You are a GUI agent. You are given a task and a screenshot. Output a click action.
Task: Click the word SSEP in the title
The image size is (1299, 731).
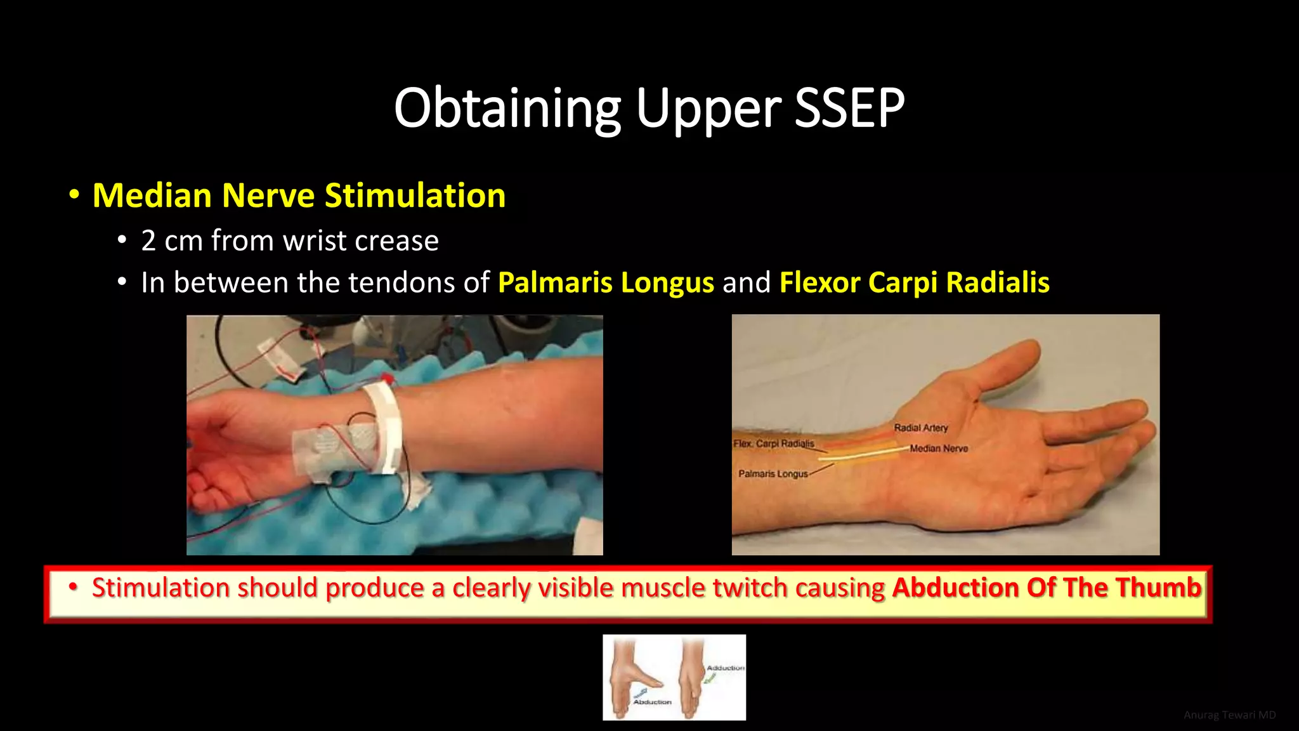tap(849, 108)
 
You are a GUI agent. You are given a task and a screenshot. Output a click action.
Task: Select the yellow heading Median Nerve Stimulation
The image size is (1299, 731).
tap(299, 195)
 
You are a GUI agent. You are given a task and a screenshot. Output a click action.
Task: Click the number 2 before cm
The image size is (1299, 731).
tap(148, 241)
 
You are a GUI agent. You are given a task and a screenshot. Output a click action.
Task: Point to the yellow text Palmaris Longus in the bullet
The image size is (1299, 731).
tap(606, 282)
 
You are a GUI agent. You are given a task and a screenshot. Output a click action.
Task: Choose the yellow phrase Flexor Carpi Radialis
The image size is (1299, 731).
tap(914, 282)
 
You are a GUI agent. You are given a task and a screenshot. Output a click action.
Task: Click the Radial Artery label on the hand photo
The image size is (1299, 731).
tap(920, 428)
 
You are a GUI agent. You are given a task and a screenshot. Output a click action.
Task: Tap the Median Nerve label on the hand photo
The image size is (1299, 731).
tap(939, 449)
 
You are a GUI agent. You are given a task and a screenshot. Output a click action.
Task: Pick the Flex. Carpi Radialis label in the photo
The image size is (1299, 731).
tap(773, 444)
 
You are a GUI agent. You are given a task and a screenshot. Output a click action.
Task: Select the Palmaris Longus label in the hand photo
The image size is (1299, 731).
tap(773, 474)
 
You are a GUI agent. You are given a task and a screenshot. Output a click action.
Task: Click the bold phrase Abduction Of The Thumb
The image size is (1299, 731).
tap(1047, 588)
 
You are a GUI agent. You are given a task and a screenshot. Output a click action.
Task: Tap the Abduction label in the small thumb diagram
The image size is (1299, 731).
tap(652, 702)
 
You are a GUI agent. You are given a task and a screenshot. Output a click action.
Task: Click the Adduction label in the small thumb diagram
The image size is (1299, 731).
tap(726, 668)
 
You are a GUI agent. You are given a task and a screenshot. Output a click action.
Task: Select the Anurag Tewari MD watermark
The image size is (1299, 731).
tap(1229, 715)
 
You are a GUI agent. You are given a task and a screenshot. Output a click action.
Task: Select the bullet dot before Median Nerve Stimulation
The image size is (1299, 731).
tap(74, 195)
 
